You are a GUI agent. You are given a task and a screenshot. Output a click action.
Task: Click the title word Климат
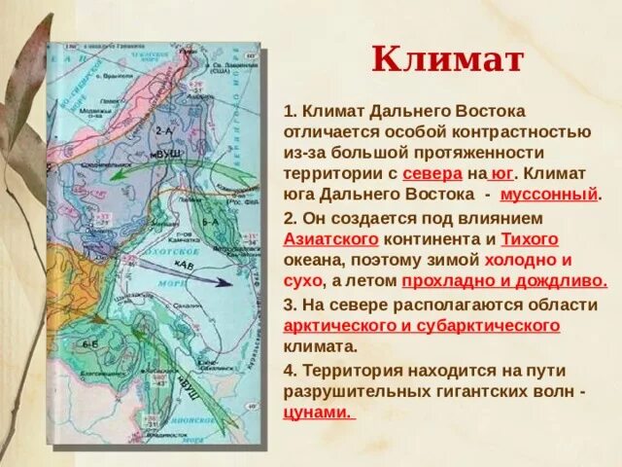[448, 60]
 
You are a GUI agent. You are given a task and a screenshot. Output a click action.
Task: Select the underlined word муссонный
[554, 195]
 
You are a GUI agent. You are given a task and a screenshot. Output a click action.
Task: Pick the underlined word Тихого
[530, 238]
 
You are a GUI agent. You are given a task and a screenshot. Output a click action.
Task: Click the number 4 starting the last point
[289, 370]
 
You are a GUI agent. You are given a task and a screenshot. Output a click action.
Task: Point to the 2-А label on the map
[165, 129]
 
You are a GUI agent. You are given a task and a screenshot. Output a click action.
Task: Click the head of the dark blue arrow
[225, 283]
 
